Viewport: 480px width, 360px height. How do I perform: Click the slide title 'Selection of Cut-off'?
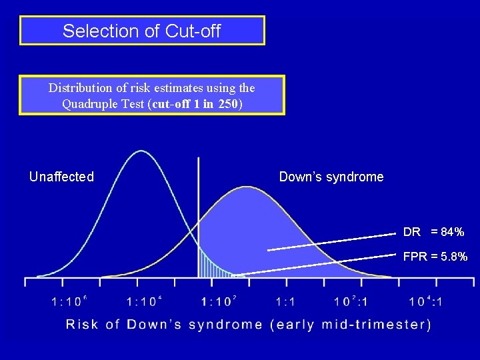[141, 31]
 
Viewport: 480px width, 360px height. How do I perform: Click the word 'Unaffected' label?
[61, 177]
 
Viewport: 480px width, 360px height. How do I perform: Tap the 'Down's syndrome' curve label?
[331, 177]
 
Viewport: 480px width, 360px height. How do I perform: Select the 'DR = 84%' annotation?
[433, 232]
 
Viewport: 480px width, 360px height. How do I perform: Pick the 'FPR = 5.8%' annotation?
[435, 257]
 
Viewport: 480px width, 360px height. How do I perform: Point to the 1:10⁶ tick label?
[69, 301]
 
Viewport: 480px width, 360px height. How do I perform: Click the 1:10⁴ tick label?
[144, 301]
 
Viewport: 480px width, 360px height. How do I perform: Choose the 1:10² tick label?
[219, 301]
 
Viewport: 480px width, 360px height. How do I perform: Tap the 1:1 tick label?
[285, 301]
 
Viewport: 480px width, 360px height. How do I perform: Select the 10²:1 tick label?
[351, 301]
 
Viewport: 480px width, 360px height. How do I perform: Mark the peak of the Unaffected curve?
[141, 151]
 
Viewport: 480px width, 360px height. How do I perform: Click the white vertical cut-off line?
[199, 200]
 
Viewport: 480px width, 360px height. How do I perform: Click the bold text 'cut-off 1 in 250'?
[201, 104]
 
